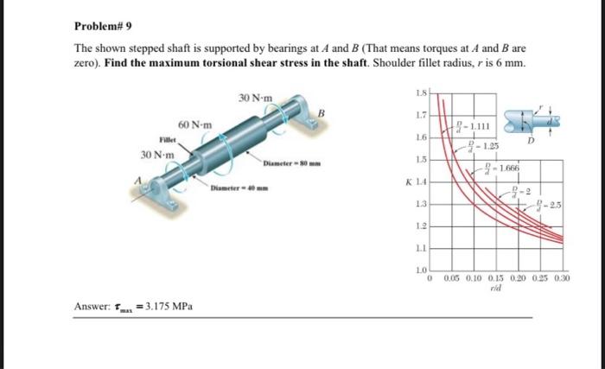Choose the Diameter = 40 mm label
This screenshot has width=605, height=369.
[239, 188]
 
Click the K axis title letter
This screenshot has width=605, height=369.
[408, 181]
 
